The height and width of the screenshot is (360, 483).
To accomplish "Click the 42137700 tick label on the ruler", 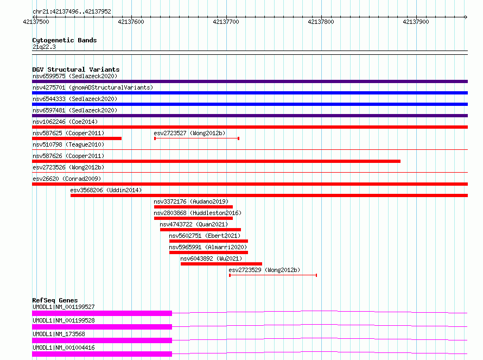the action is pyautogui.click(x=226, y=22).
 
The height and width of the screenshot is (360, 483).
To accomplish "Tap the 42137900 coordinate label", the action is pyautogui.click(x=416, y=22).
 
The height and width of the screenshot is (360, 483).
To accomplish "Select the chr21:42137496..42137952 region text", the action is pyautogui.click(x=72, y=11).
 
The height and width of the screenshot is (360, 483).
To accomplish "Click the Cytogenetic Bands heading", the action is pyautogui.click(x=65, y=40).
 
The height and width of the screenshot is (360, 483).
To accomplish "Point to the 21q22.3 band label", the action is pyautogui.click(x=44, y=47).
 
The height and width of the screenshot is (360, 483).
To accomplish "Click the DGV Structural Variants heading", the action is pyautogui.click(x=76, y=70).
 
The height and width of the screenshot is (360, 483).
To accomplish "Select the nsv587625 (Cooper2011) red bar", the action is pyautogui.click(x=77, y=138).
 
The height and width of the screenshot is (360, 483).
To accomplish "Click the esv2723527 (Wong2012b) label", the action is pyautogui.click(x=189, y=133).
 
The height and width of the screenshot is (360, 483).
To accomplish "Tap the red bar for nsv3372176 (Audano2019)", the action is pyautogui.click(x=193, y=207).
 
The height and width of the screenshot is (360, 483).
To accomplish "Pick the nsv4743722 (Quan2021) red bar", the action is pyautogui.click(x=201, y=230).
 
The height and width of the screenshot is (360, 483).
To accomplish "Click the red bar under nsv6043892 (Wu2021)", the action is pyautogui.click(x=221, y=264).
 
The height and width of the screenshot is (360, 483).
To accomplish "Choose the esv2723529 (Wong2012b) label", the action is pyautogui.click(x=264, y=270).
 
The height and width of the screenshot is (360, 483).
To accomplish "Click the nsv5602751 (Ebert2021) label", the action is pyautogui.click(x=205, y=236).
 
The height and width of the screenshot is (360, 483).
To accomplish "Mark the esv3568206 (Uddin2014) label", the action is pyautogui.click(x=106, y=190).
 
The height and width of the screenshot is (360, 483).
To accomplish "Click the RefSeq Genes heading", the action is pyautogui.click(x=55, y=300).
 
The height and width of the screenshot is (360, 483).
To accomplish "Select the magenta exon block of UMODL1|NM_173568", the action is pyautogui.click(x=102, y=340).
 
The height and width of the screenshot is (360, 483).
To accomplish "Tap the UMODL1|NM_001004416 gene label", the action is pyautogui.click(x=63, y=348).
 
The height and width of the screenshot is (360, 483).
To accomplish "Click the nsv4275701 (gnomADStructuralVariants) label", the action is pyautogui.click(x=93, y=87).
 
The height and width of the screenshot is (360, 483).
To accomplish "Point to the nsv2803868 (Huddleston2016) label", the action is pyautogui.click(x=198, y=213).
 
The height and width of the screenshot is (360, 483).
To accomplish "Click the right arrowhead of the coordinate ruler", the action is pyautogui.click(x=466, y=17).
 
